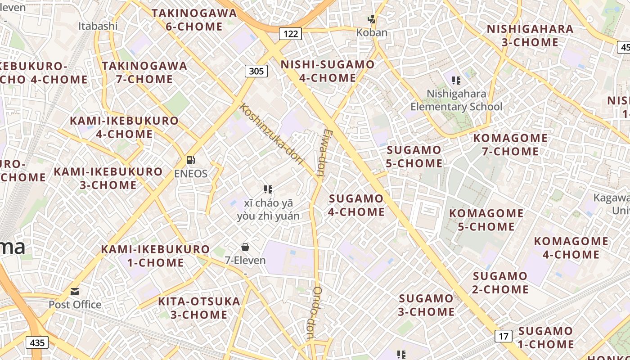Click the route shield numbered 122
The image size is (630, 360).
click(x=290, y=33)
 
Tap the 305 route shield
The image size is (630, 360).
click(x=256, y=71)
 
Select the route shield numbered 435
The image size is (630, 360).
click(x=37, y=342)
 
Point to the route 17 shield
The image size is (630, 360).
click(x=504, y=336)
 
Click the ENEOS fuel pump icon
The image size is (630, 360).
click(x=191, y=160)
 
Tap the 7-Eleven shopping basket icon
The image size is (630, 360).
click(x=245, y=247)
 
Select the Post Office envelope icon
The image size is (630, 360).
click(x=75, y=291)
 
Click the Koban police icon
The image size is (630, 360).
click(x=372, y=19)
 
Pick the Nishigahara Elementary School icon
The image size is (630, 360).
click(x=456, y=81)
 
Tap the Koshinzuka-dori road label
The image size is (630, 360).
click(x=272, y=134)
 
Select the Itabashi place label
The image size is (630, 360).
click(x=98, y=26)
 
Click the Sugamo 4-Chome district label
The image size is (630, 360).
click(x=356, y=205)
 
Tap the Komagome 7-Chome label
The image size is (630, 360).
click(x=510, y=144)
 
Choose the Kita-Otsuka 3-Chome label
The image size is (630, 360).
click(x=199, y=308)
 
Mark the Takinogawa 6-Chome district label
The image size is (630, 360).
click(x=194, y=20)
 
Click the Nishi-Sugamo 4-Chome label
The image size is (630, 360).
click(x=328, y=71)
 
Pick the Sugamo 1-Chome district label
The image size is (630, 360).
click(x=545, y=337)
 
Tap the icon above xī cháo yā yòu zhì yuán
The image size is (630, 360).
click(x=268, y=189)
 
